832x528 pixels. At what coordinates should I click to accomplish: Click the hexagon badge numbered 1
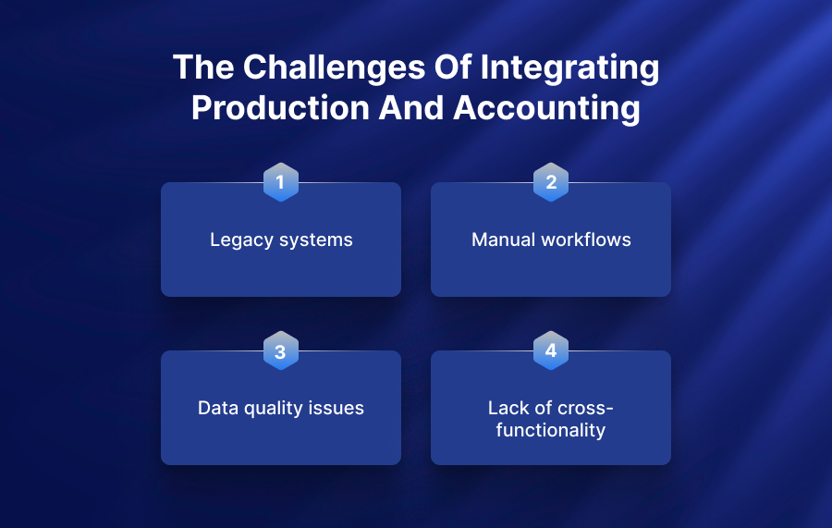(281, 182)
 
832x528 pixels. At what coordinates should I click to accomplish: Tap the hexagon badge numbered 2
(551, 182)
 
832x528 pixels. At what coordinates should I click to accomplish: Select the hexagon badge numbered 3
(281, 350)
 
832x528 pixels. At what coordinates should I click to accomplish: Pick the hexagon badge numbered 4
(551, 350)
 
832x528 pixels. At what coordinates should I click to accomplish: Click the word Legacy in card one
(242, 240)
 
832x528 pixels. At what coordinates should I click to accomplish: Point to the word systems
(316, 240)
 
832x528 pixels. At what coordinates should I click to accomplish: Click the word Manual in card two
(503, 239)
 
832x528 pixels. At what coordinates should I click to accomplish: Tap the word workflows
(586, 239)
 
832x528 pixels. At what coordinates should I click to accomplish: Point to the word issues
(336, 408)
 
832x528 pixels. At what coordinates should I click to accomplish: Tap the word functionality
(551, 430)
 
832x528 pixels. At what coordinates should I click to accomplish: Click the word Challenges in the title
(335, 68)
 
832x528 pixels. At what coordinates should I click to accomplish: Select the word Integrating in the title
(569, 68)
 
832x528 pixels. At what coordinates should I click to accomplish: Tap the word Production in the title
(280, 108)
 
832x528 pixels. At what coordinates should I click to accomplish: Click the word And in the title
(411, 108)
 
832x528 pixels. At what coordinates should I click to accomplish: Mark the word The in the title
(203, 68)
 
